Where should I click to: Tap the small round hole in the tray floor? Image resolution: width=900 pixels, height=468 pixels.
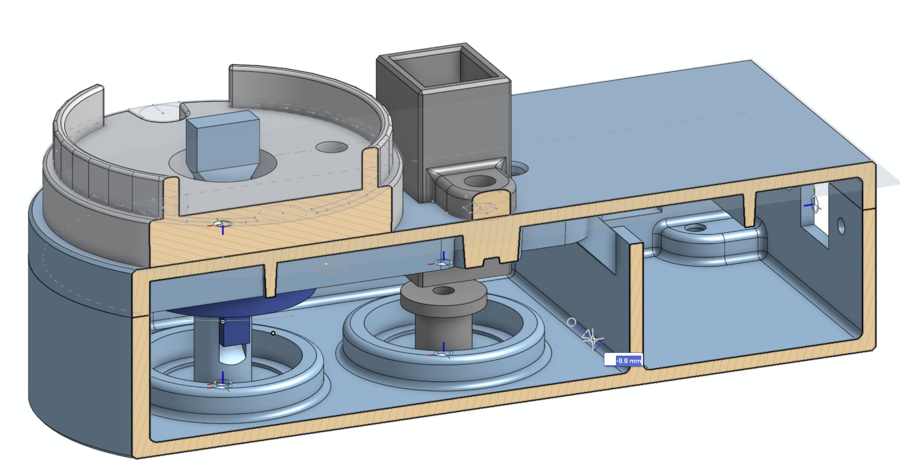(x=331, y=147)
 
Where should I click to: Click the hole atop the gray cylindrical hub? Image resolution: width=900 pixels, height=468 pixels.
(x=441, y=291)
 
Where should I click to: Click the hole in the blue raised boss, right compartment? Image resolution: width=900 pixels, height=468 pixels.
(x=696, y=228)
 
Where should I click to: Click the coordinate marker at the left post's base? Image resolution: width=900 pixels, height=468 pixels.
(x=222, y=384)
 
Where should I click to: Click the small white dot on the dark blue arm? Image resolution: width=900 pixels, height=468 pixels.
(x=223, y=321)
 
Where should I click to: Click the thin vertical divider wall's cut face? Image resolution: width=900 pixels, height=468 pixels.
(x=637, y=305)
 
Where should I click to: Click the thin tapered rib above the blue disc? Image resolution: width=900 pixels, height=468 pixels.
(x=270, y=281)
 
